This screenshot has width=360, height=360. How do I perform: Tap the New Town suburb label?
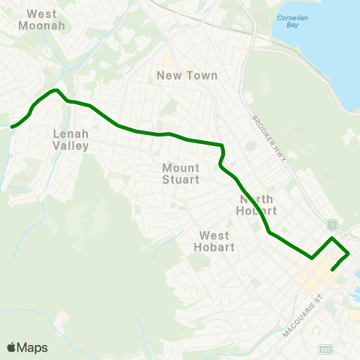[x=187, y=75]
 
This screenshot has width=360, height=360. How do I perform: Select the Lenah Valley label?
[x=71, y=139]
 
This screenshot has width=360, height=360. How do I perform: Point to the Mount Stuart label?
[x=181, y=173]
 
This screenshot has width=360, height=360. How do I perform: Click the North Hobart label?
[x=258, y=205]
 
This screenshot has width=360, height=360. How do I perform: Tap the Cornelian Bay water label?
[x=288, y=19]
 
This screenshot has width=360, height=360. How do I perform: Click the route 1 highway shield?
[x=330, y=224]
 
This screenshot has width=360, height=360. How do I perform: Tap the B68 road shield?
[x=325, y=349]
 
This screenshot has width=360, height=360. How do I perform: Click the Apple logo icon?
[x=12, y=347]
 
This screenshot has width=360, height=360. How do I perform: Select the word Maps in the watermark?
[x=32, y=347]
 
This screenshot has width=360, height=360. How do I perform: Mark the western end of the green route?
[x=11, y=127]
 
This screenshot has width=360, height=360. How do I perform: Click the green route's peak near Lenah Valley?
[x=55, y=90]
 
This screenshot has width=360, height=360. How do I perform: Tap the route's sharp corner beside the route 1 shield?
[x=333, y=238]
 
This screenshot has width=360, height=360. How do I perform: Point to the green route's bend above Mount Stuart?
[x=222, y=145]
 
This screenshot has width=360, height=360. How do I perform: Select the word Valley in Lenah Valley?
[x=71, y=145]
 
